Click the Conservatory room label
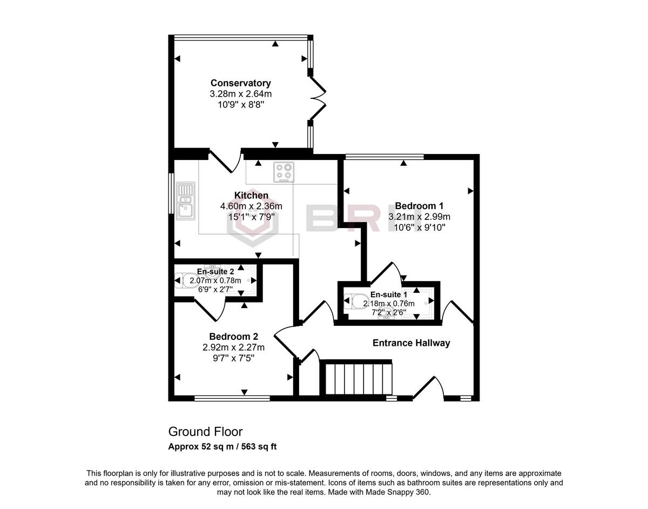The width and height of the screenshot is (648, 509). (x=240, y=83)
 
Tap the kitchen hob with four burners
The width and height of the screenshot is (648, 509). (x=283, y=172)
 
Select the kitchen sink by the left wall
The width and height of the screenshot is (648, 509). (x=185, y=200)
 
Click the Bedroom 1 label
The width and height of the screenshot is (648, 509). (x=419, y=206)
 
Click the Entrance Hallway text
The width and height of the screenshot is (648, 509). (x=411, y=343)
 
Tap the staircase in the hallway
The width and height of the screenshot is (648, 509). (x=356, y=379)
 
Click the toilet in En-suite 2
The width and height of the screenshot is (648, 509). (x=188, y=280)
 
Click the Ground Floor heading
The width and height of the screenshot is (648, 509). (x=205, y=432)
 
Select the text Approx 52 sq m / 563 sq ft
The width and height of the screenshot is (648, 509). (x=222, y=447)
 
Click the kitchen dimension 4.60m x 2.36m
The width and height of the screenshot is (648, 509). (x=251, y=206)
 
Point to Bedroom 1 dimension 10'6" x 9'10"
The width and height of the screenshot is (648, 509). (x=419, y=227)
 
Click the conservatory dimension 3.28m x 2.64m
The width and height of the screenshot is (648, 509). (x=240, y=94)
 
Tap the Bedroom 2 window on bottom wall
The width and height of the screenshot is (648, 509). (x=232, y=399)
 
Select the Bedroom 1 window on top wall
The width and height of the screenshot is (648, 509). (x=384, y=157)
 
